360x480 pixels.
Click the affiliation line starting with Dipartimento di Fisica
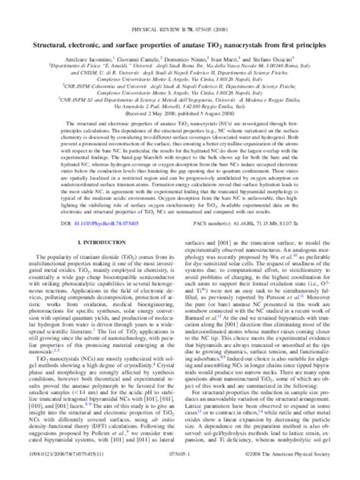tap(180, 44)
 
